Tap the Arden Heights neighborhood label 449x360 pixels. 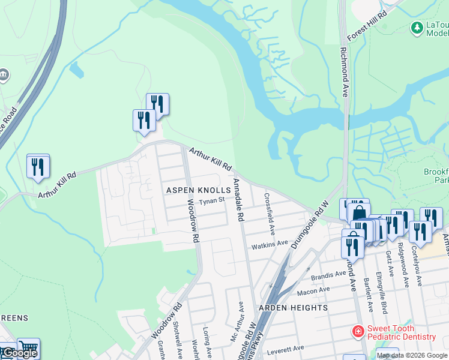coord(293,308)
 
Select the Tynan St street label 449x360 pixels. coord(212,200)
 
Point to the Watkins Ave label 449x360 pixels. coord(267,246)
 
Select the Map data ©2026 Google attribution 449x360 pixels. coord(412,355)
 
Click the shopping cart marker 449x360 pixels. coord(28,347)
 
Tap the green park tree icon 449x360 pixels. coord(417,28)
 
